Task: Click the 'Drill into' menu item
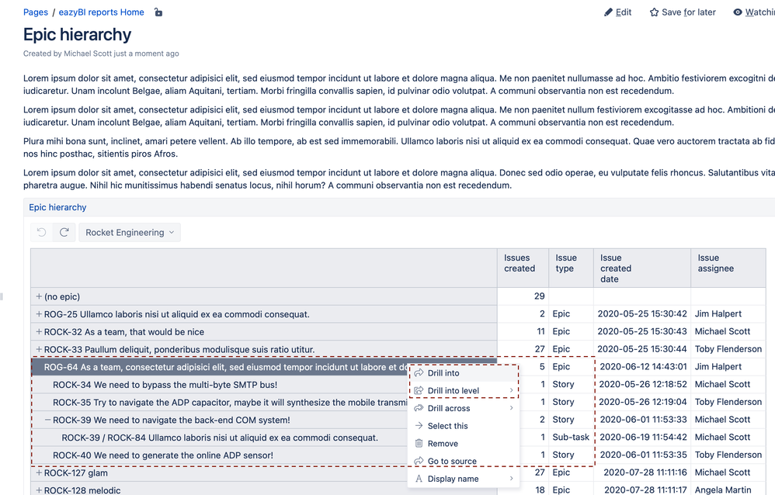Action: coord(443,373)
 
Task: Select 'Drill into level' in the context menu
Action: coord(454,391)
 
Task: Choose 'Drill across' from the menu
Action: coord(449,408)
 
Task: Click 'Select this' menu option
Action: coord(447,426)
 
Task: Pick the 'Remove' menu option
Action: coord(443,444)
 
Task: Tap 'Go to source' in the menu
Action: coord(452,462)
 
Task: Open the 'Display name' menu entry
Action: coord(453,479)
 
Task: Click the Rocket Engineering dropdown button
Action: coord(130,233)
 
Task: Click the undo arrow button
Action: coord(42,233)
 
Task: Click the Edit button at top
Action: coord(618,12)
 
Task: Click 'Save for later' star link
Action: coord(683,12)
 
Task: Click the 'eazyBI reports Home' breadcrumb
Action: coord(101,12)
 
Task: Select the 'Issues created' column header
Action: coord(520,263)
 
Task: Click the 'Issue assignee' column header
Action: coord(715,263)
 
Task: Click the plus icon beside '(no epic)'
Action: coord(39,297)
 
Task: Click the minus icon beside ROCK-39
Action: coord(47,420)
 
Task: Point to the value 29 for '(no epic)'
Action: coord(539,297)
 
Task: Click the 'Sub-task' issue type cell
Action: coord(571,438)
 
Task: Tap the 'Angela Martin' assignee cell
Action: coord(722,490)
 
